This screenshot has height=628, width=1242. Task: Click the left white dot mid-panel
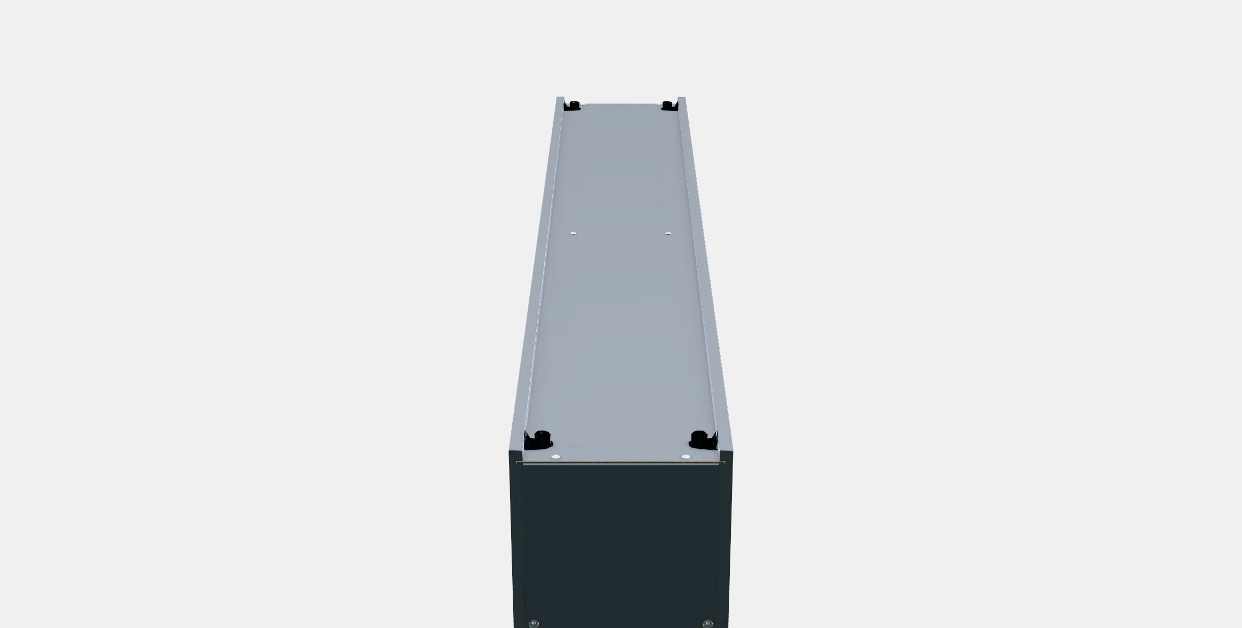[x=573, y=233]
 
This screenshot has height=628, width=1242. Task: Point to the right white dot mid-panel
[x=668, y=233]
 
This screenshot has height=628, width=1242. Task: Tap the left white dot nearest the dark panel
[x=555, y=457]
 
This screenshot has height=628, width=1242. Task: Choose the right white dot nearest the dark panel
[x=686, y=457]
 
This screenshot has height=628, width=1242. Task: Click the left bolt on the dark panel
[x=532, y=624]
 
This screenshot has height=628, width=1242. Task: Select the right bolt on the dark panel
[x=707, y=624]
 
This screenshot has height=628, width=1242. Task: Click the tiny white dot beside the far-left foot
[x=583, y=105]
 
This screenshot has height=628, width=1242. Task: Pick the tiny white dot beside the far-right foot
[x=657, y=105]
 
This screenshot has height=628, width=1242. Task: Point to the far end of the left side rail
[x=560, y=99]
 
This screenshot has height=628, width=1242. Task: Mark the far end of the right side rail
[x=681, y=99]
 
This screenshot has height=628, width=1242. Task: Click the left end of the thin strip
[x=517, y=463]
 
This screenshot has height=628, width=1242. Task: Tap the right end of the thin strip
[x=724, y=463]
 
